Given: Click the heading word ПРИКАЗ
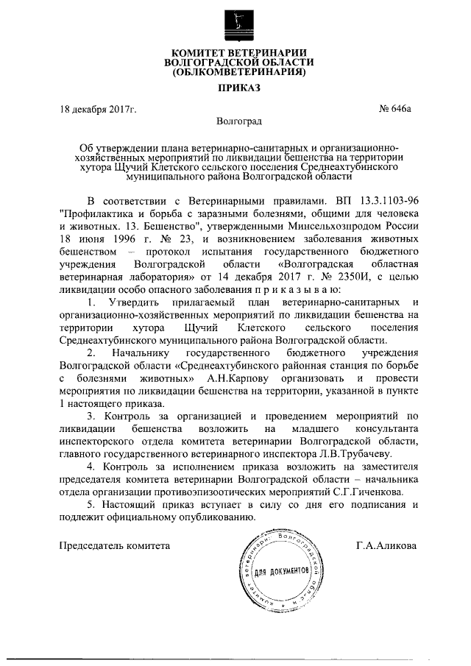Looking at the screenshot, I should (236, 88).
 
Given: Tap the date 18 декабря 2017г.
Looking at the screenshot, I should (99, 110).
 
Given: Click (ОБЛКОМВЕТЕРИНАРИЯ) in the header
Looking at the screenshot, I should (236, 73).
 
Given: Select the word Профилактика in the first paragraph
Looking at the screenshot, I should (98, 213).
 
